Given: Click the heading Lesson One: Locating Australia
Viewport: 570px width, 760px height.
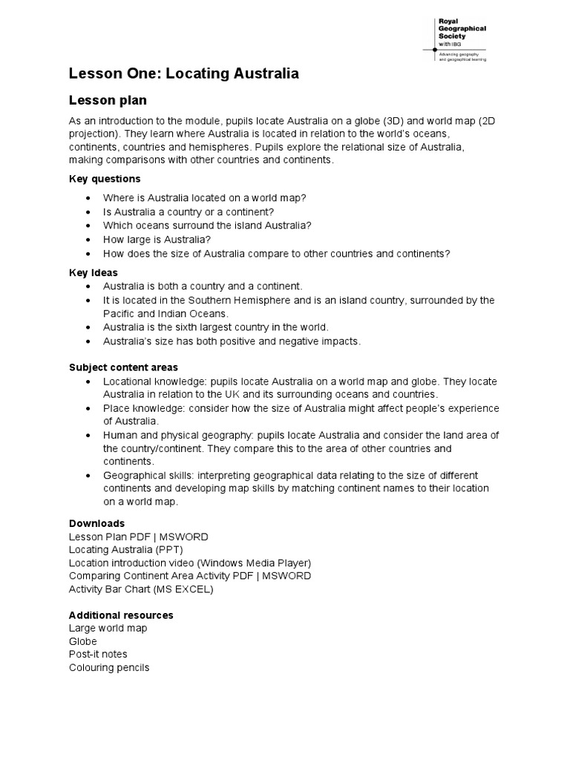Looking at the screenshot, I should [183, 73].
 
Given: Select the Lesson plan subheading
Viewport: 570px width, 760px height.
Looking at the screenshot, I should [108, 100].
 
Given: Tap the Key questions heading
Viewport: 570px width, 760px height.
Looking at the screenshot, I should [105, 179].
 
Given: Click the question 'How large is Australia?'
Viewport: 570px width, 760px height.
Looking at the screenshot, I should [157, 239].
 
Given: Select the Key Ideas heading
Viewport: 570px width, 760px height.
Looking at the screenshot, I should [94, 272].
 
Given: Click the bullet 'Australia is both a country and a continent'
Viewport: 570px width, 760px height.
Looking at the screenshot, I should [203, 286].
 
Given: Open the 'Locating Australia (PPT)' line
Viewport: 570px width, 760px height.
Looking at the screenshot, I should [125, 550].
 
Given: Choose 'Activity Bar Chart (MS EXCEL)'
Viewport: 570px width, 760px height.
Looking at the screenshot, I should [141, 589].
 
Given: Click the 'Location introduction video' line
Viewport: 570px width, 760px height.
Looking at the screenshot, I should [190, 563].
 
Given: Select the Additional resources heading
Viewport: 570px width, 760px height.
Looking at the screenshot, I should [121, 615].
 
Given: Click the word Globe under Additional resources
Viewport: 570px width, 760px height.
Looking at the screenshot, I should [83, 641].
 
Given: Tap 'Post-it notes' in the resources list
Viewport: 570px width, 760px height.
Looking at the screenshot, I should [98, 655].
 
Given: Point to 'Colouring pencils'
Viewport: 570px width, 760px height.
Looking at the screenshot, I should [109, 668].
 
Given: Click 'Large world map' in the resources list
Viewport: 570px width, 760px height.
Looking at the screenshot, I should [108, 629].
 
